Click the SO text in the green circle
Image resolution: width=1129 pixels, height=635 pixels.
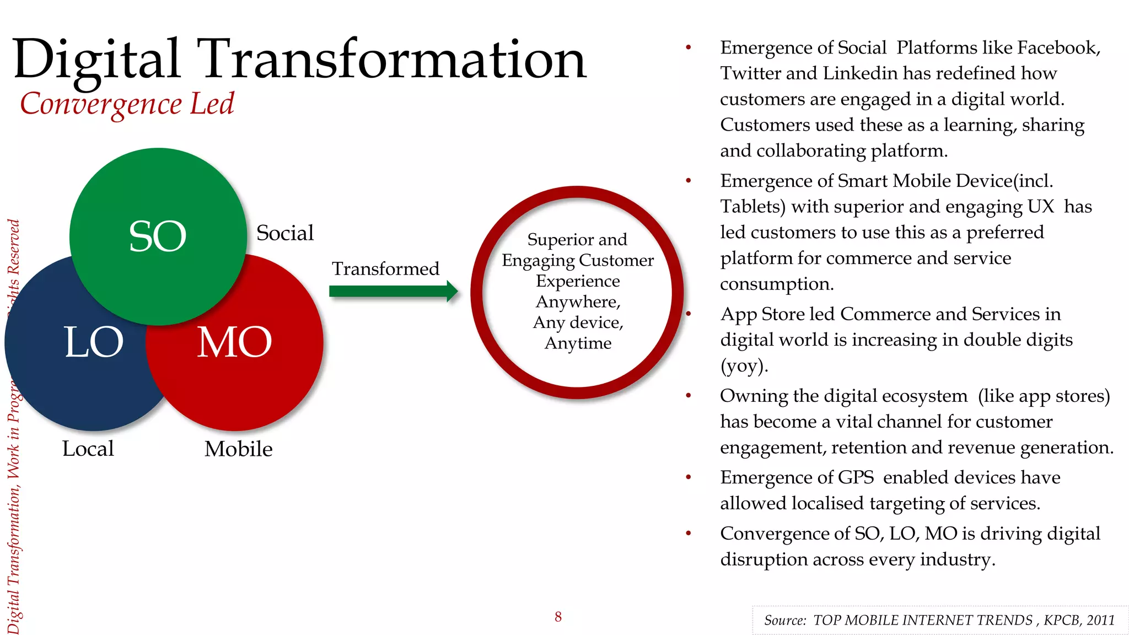click(158, 236)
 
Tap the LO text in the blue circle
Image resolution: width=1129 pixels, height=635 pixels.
click(94, 342)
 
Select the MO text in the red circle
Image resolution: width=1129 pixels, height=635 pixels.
click(235, 342)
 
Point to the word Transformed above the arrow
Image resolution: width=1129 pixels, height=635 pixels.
click(385, 269)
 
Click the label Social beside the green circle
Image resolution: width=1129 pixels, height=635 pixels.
click(284, 233)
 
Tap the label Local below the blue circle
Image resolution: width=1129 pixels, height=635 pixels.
click(88, 449)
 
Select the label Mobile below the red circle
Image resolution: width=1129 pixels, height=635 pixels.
click(238, 449)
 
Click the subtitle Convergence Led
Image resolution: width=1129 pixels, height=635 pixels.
click(127, 104)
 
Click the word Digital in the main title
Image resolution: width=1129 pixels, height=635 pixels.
click(96, 60)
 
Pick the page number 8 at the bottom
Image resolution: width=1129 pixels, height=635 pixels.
click(558, 617)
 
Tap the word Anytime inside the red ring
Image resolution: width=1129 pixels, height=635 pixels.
click(578, 343)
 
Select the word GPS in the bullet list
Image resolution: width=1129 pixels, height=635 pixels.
click(856, 477)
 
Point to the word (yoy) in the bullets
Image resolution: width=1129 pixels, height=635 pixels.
click(744, 366)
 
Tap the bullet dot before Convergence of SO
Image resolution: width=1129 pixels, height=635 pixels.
click(688, 534)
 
